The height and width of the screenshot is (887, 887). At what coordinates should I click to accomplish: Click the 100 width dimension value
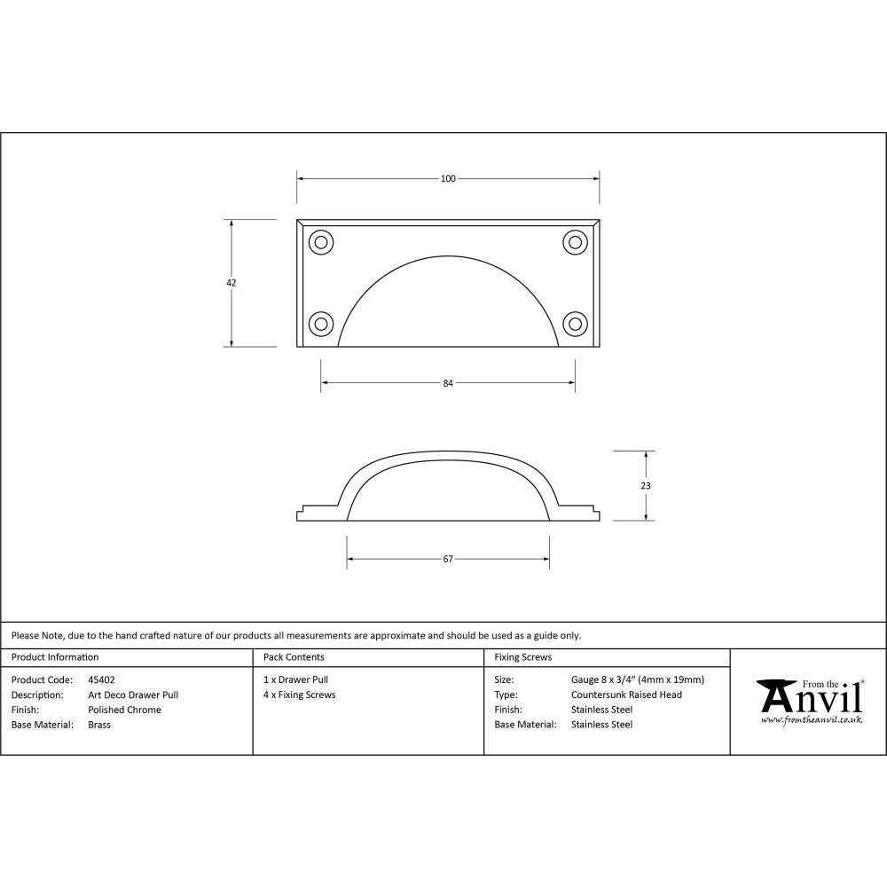448,178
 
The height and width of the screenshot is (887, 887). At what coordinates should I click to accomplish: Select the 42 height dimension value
232,283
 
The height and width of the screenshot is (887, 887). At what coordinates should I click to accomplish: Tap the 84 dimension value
448,383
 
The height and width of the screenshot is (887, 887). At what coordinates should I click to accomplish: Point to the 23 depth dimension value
645,486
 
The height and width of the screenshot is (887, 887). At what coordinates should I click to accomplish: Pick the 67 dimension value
448,559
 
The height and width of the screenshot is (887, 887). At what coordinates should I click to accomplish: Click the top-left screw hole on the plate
320,241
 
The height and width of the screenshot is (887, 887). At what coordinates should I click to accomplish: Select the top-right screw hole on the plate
575,241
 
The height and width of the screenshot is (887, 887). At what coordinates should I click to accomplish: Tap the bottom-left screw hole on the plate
320,322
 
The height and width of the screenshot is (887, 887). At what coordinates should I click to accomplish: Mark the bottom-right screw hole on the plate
575,322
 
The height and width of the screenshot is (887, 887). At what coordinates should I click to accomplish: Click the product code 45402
101,679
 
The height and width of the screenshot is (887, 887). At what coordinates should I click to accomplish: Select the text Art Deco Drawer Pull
133,695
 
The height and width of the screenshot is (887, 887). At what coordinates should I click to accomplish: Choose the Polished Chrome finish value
124,710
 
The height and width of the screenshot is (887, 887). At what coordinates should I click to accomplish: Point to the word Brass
99,725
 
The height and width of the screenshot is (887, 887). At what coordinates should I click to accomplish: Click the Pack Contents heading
294,657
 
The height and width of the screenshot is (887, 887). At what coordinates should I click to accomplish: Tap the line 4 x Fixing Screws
300,695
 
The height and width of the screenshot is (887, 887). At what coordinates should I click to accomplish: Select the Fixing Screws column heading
522,657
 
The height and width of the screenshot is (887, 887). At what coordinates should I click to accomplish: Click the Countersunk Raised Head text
626,695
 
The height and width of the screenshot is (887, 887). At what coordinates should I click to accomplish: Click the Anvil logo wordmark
811,697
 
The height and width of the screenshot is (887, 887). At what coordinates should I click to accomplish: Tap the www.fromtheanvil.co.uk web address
811,720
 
